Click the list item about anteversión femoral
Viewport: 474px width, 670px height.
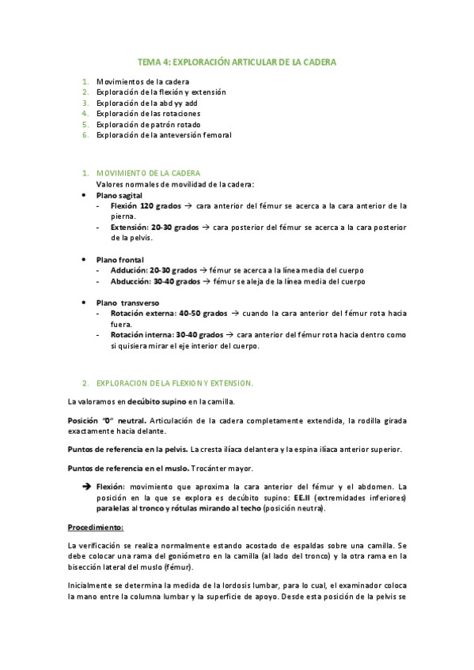point(163,135)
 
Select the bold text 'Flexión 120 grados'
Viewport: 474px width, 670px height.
point(146,205)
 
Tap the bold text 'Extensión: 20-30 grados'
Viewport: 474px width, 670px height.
point(154,227)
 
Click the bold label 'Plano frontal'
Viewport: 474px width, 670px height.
point(120,259)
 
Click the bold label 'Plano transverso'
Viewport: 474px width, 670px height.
point(127,303)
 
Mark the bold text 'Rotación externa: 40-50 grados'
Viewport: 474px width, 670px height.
point(169,313)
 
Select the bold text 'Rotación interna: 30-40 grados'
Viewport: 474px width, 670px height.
point(169,335)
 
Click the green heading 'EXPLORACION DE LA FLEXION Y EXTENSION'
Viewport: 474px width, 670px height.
point(174,383)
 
